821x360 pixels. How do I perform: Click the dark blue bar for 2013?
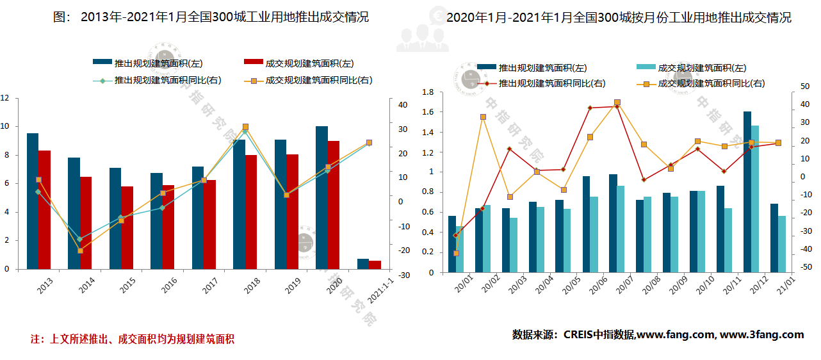33,201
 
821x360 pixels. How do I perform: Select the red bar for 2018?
251,211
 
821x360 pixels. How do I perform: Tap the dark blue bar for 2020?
321,197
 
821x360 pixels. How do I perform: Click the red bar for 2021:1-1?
375,265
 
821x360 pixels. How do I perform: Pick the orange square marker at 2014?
80,250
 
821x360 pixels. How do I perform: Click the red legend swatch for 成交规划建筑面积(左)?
254,62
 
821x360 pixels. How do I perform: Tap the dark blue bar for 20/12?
747,192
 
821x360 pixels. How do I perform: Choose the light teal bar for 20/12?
755,199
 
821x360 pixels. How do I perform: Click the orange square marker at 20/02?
483,117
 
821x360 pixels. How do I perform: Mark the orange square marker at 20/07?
617,102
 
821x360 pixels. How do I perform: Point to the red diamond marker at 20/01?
455,235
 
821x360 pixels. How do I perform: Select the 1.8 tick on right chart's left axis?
428,92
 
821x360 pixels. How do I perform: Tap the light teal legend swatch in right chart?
646,67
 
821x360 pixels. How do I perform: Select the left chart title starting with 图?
211,17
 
